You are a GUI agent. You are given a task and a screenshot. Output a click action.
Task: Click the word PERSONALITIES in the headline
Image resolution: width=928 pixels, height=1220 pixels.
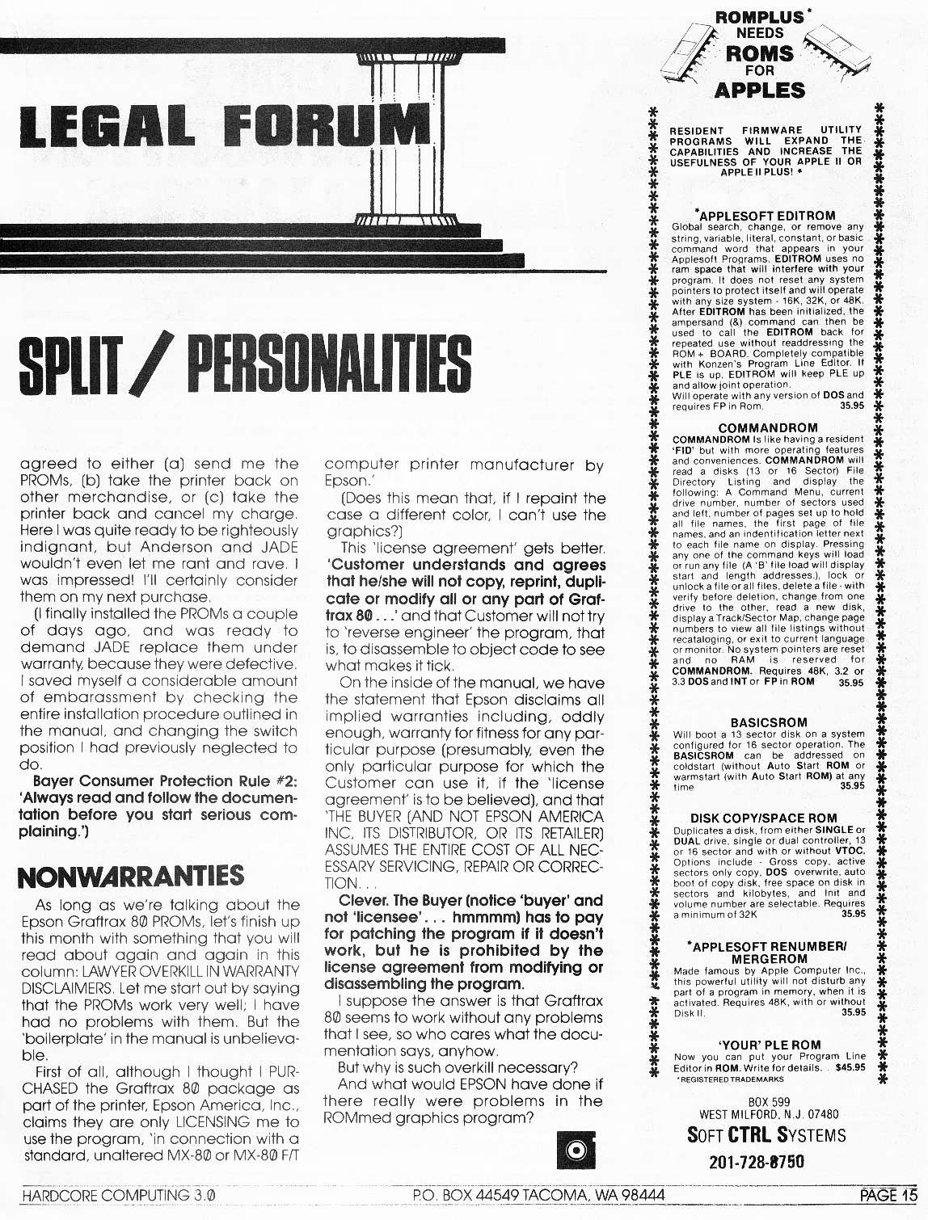click(x=329, y=367)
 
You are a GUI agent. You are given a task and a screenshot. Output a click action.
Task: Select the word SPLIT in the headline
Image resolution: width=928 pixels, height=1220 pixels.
click(x=77, y=367)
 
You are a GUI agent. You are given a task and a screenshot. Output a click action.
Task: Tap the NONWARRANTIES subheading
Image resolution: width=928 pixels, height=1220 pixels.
click(x=131, y=875)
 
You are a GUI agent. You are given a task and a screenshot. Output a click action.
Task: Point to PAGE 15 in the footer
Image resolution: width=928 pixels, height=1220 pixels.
click(x=888, y=1195)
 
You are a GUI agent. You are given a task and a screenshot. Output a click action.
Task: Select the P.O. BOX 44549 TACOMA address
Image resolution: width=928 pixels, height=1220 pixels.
click(x=538, y=1195)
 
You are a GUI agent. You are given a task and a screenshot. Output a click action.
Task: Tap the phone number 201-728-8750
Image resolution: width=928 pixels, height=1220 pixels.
click(x=757, y=1162)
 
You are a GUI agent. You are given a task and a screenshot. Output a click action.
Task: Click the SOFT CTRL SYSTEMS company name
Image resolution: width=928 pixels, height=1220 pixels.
click(x=766, y=1135)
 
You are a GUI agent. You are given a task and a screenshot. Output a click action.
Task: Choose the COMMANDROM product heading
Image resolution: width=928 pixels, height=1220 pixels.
click(x=767, y=428)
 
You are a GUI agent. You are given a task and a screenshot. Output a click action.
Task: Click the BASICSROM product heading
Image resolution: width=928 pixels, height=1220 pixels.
click(x=768, y=722)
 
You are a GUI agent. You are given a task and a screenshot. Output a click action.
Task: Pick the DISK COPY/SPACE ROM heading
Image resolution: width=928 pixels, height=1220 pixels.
click(x=764, y=818)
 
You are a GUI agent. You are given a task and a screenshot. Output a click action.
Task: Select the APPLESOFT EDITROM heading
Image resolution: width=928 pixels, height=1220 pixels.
click(x=766, y=216)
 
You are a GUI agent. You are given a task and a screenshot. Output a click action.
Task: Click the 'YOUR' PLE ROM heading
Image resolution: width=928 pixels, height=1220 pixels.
click(x=770, y=1045)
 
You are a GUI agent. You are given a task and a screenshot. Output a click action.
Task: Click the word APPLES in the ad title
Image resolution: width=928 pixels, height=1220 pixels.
click(x=760, y=90)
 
